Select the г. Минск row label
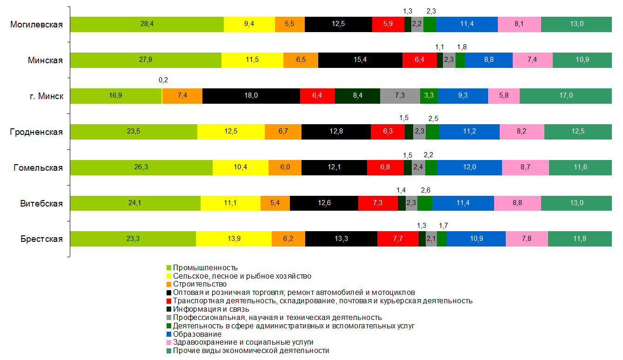pyautogui.click(x=45, y=96)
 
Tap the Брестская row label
pyautogui.click(x=41, y=239)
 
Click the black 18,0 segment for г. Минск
pyautogui.click(x=251, y=96)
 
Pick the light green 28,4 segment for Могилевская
pyautogui.click(x=147, y=24)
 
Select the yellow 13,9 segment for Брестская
pyautogui.click(x=234, y=239)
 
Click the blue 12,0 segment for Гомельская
pyautogui.click(x=469, y=167)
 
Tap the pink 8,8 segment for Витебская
pyautogui.click(x=517, y=203)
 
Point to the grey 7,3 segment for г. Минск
pyautogui.click(x=400, y=96)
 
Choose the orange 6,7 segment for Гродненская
pyautogui.click(x=283, y=132)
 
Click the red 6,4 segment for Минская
pyautogui.click(x=420, y=60)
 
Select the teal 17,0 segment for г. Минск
pyautogui.click(x=565, y=96)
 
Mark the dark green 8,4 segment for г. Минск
pyautogui.click(x=357, y=96)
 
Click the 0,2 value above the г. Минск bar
pyautogui.click(x=163, y=80)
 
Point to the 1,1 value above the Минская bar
pyautogui.click(x=440, y=47)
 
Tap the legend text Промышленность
pyautogui.click(x=205, y=268)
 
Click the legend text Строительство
pyautogui.click(x=200, y=284)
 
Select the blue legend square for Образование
pyautogui.click(x=169, y=334)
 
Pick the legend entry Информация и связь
pyautogui.click(x=211, y=309)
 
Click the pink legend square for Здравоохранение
pyautogui.click(x=169, y=343)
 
